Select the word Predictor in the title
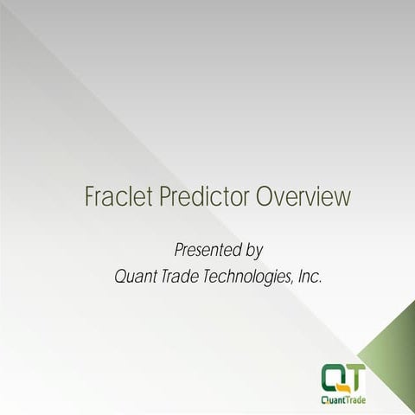pos(203,197)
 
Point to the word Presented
pos(206,251)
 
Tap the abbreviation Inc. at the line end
pos(313,278)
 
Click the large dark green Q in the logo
pos(334,376)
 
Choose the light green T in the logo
pos(354,375)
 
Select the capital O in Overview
pos(266,197)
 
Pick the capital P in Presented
pos(180,251)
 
